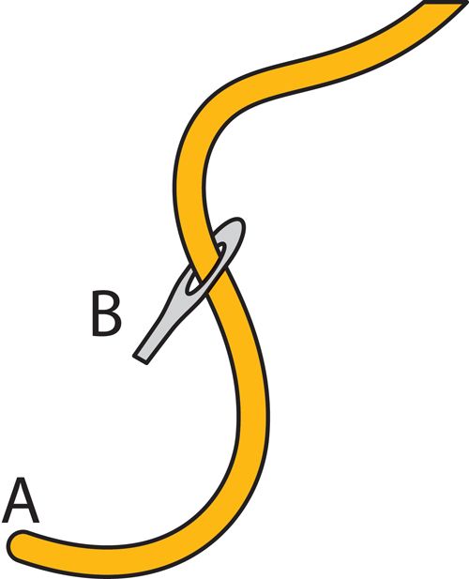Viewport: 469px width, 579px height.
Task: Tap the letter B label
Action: pyautogui.click(x=106, y=313)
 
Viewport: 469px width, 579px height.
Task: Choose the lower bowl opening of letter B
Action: pyautogui.click(x=107, y=323)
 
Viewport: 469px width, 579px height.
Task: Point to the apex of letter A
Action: pyautogui.click(x=21, y=480)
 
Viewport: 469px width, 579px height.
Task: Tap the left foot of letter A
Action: pyautogui.click(x=6, y=521)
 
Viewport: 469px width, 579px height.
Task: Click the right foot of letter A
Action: pyautogui.click(x=36, y=521)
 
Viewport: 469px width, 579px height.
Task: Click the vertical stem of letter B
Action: pyautogui.click(x=95, y=314)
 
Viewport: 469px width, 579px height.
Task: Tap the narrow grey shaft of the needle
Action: pyautogui.click(x=155, y=336)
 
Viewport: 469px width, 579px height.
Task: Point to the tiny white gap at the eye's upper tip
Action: pyautogui.click(x=221, y=247)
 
